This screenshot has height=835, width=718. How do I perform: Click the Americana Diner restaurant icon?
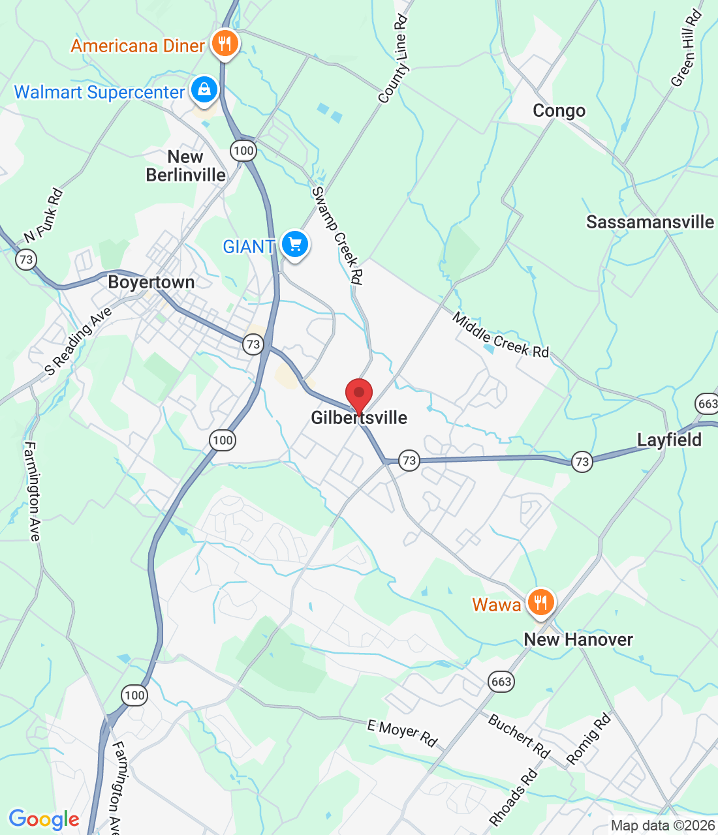225,44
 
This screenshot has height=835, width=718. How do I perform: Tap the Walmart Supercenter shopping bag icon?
204,91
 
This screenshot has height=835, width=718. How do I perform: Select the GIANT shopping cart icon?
294,245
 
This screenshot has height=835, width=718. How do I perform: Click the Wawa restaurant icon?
540,603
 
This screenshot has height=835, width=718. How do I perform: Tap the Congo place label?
559,111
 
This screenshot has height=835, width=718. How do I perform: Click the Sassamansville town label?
650,222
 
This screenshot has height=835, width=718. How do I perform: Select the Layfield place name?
669,440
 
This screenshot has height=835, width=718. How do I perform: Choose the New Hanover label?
578,640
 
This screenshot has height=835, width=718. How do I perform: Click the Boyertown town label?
151,282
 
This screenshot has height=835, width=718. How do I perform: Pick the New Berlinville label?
186,166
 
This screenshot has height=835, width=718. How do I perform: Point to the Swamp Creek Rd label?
337,235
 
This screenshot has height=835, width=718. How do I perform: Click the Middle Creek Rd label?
501,335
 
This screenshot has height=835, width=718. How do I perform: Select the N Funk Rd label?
44,215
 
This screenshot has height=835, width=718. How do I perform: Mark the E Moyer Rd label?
402,733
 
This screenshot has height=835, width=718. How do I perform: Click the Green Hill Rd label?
686,50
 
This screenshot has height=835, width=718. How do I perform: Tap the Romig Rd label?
589,738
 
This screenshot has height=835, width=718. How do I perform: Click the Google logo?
44,819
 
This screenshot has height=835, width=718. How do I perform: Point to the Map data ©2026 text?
663,825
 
